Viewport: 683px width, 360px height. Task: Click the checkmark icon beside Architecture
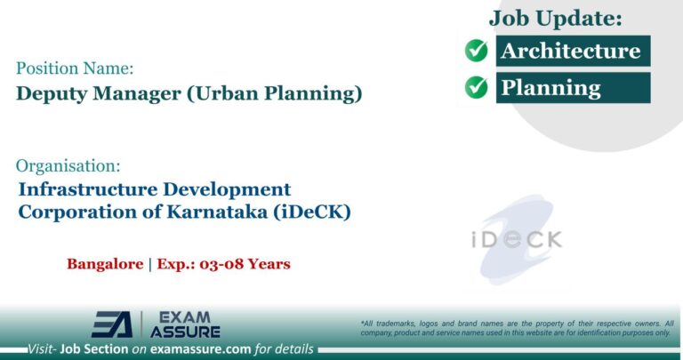click(477, 51)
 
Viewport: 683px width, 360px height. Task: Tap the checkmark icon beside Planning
click(477, 87)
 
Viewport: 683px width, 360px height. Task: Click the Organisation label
click(68, 165)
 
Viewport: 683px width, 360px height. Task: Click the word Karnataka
click(229, 213)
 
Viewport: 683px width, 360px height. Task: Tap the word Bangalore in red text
click(104, 264)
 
